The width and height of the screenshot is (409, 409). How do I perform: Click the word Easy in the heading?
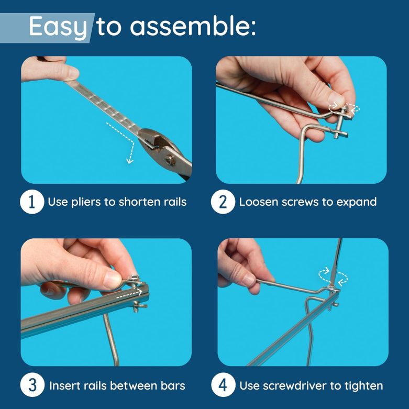pos(58,26)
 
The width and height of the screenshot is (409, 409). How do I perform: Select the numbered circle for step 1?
pos(32,202)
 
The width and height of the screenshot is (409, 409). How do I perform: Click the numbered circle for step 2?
pos(223,202)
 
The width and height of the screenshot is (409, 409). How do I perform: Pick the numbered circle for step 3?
pos(32,385)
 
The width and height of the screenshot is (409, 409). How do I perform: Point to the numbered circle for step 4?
pos(223,385)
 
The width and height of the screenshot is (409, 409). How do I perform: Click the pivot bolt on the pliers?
pos(170,159)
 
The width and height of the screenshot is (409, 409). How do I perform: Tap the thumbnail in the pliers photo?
pos(72,72)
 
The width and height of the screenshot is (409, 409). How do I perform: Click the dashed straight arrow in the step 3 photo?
pos(129,294)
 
